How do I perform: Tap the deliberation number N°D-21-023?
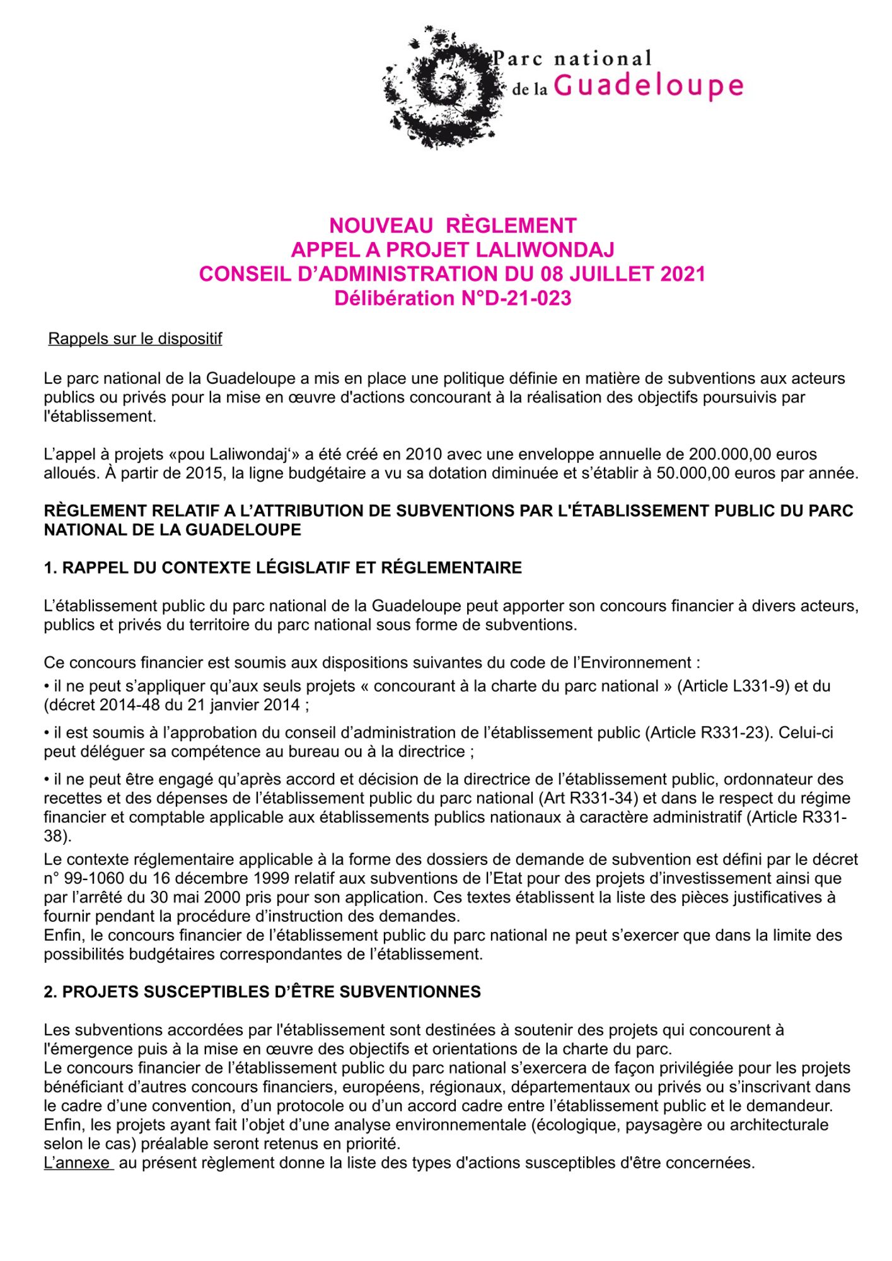pyautogui.click(x=514, y=298)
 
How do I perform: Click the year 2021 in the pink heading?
pyautogui.click(x=683, y=274)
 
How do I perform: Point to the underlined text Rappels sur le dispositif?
pyautogui.click(x=135, y=339)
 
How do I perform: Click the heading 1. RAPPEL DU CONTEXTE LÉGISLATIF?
pyautogui.click(x=283, y=567)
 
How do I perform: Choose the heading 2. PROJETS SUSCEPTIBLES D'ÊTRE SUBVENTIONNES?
pyautogui.click(x=262, y=992)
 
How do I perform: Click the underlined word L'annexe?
pyautogui.click(x=78, y=1163)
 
